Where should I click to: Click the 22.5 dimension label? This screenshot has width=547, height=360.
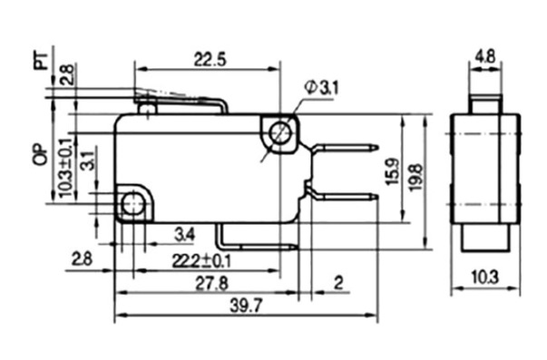click(x=210, y=59)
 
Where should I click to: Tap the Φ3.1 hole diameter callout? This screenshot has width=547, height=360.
click(x=321, y=88)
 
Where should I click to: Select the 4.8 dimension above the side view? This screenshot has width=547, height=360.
click(x=486, y=56)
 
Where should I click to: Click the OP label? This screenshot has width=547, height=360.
click(x=41, y=154)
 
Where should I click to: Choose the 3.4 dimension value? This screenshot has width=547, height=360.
click(x=185, y=235)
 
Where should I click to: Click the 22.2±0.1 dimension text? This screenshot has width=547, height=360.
click(x=201, y=261)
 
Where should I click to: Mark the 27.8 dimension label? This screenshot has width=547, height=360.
click(x=211, y=283)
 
